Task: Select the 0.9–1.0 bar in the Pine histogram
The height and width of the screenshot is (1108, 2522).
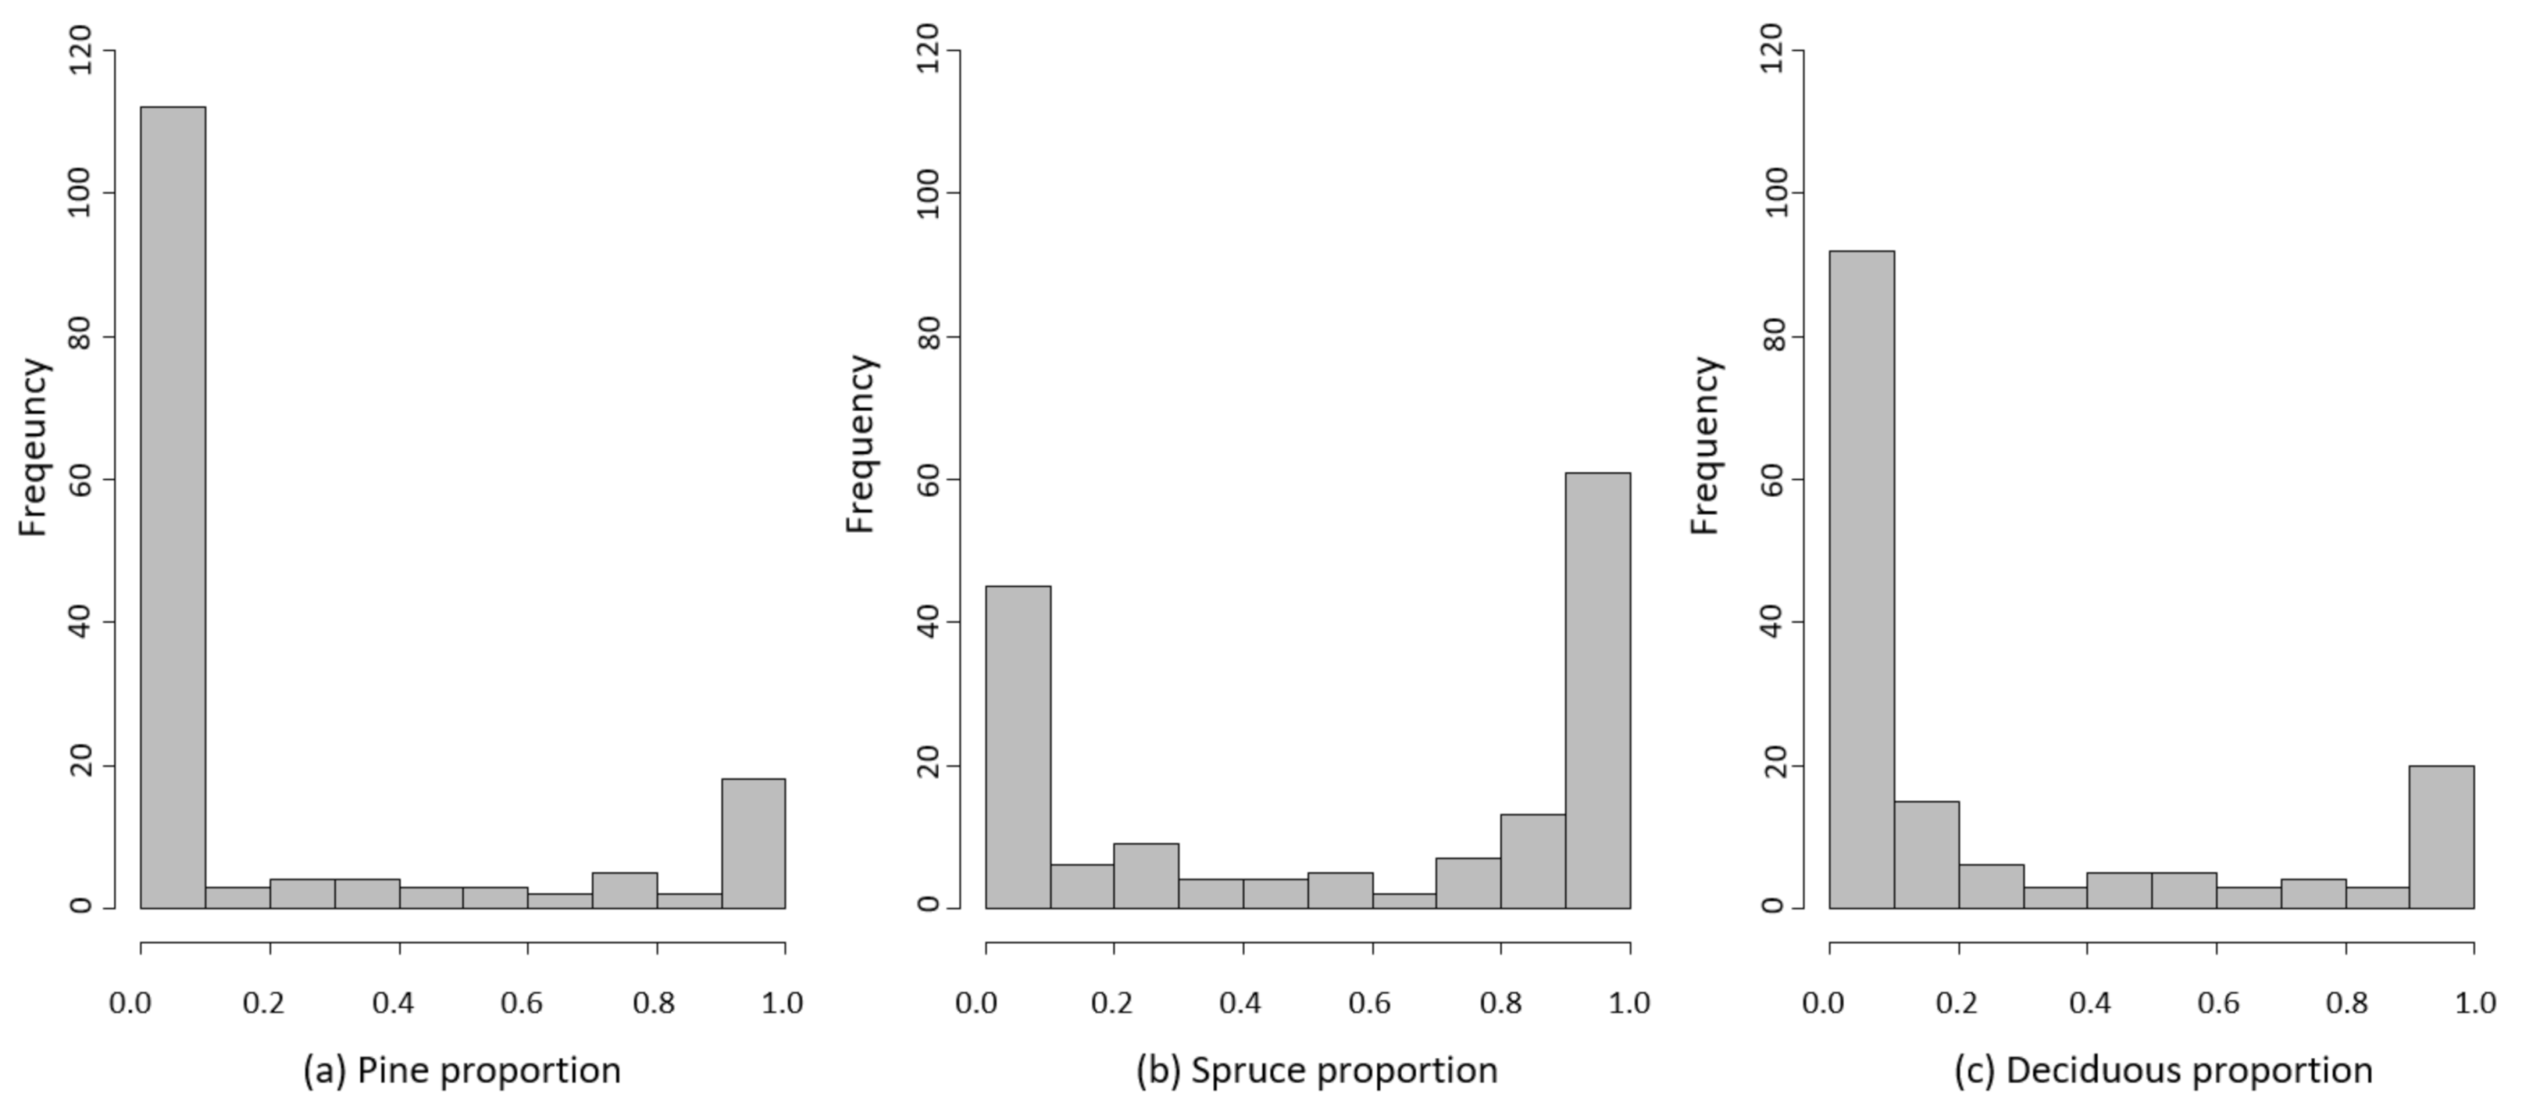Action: [753, 843]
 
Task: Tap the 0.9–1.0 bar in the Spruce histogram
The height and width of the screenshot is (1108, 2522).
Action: [1597, 690]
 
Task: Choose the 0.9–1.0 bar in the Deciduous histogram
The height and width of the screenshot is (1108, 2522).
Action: [2442, 837]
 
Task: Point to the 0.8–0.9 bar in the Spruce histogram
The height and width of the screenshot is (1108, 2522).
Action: [1533, 862]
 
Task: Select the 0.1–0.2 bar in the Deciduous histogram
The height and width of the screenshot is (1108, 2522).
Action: [1926, 855]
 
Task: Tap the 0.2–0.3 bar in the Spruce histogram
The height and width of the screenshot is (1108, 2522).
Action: [1147, 876]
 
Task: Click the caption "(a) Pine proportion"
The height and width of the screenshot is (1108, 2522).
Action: [462, 1071]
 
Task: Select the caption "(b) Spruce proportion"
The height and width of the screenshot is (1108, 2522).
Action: [1317, 1071]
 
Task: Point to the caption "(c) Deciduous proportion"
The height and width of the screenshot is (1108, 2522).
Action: [2163, 1071]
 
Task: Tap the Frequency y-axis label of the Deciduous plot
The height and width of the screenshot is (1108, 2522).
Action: [1705, 445]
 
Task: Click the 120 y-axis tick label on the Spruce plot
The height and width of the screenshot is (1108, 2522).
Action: [928, 50]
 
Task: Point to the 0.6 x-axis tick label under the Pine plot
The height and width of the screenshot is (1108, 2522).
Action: [522, 1004]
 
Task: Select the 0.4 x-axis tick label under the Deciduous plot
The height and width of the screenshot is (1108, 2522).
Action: [2088, 1004]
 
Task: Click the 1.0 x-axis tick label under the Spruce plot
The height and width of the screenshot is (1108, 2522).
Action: [1628, 1004]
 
